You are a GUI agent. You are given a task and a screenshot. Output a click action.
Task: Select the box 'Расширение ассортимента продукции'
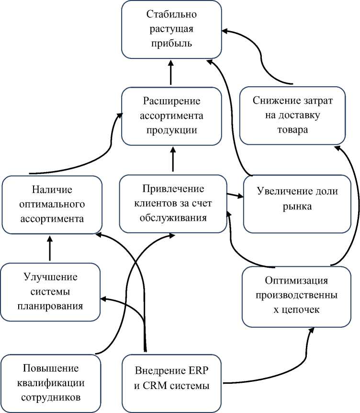click(x=171, y=116)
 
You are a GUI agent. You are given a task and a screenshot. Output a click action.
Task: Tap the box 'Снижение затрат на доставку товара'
click(x=292, y=116)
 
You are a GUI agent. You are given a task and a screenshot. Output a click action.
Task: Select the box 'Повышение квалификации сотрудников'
click(x=51, y=383)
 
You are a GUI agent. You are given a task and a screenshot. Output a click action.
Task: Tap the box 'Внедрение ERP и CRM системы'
click(x=172, y=379)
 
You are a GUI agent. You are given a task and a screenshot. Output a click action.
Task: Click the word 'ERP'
click(x=198, y=372)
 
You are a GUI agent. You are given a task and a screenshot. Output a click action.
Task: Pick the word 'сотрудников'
click(x=51, y=397)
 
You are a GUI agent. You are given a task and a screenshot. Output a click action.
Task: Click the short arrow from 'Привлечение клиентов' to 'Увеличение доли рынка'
click(x=233, y=195)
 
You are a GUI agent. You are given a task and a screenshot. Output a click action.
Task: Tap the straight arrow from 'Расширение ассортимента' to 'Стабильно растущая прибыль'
click(x=171, y=72)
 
